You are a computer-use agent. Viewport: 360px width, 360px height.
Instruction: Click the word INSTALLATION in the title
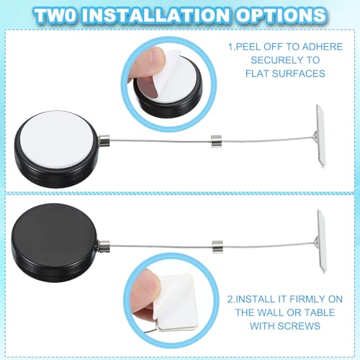point(179,14)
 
